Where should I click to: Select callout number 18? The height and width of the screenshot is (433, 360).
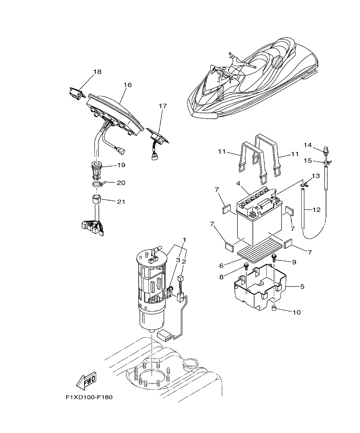point(97,72)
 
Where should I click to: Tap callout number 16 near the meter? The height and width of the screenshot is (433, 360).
point(128,85)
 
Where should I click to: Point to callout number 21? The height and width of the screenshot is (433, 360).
point(121,202)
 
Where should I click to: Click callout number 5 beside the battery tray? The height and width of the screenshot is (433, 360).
point(302,286)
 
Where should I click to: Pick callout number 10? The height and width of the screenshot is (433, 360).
point(297,312)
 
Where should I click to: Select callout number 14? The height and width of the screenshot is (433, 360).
point(308,145)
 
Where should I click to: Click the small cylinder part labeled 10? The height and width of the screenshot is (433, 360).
point(274,309)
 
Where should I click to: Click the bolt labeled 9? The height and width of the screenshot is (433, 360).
point(274,257)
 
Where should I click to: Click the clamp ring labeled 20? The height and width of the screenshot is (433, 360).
point(97,184)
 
